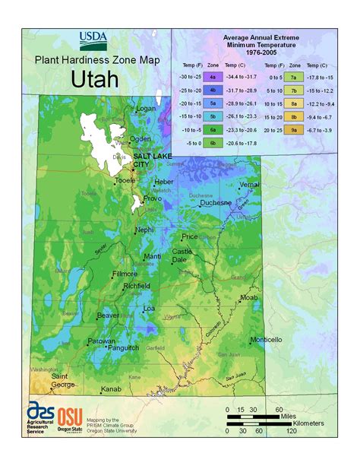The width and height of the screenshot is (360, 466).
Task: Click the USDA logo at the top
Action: [93, 38]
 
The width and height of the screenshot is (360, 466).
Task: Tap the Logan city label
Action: [145, 109]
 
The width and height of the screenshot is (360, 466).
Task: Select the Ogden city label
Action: [140, 139]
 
